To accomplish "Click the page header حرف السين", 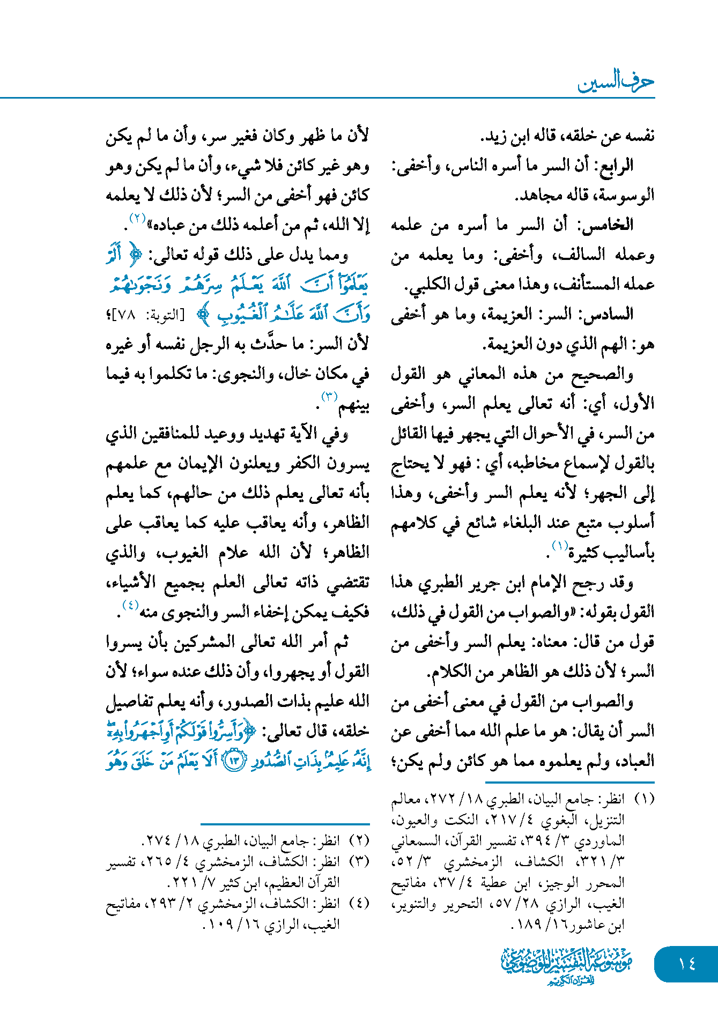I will pos(616,82).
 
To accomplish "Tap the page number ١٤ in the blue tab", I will pos(686,964).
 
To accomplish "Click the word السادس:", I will pos(611,314).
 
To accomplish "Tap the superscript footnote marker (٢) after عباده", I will pos(138,218).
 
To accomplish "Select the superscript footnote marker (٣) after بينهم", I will pos(329,397).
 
